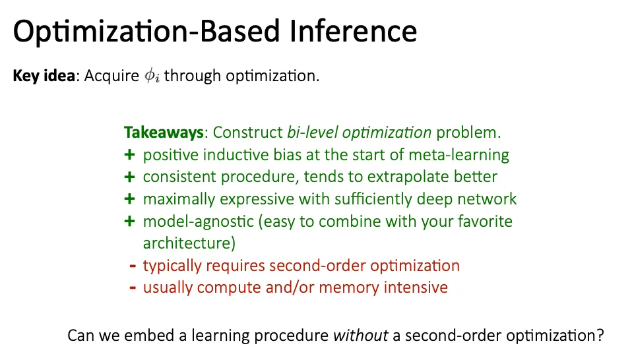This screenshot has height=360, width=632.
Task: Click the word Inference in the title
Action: click(353, 31)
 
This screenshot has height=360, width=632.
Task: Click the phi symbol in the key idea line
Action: click(152, 76)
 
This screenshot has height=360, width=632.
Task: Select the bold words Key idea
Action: click(44, 76)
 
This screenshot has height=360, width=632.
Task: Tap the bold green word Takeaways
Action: click(164, 133)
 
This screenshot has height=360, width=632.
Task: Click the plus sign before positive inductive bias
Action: click(129, 155)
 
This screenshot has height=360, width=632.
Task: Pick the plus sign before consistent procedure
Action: click(129, 177)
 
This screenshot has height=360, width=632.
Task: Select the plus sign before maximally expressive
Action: click(129, 199)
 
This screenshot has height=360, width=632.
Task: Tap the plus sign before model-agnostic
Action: click(129, 221)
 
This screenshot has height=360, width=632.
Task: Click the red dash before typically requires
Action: click(133, 266)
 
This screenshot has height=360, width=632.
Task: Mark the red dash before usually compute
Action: click(133, 288)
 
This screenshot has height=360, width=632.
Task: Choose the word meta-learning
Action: click(458, 155)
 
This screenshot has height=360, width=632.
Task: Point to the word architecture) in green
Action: click(189, 243)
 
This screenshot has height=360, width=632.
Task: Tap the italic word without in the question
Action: click(360, 336)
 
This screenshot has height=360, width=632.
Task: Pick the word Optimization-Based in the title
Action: click(146, 32)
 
